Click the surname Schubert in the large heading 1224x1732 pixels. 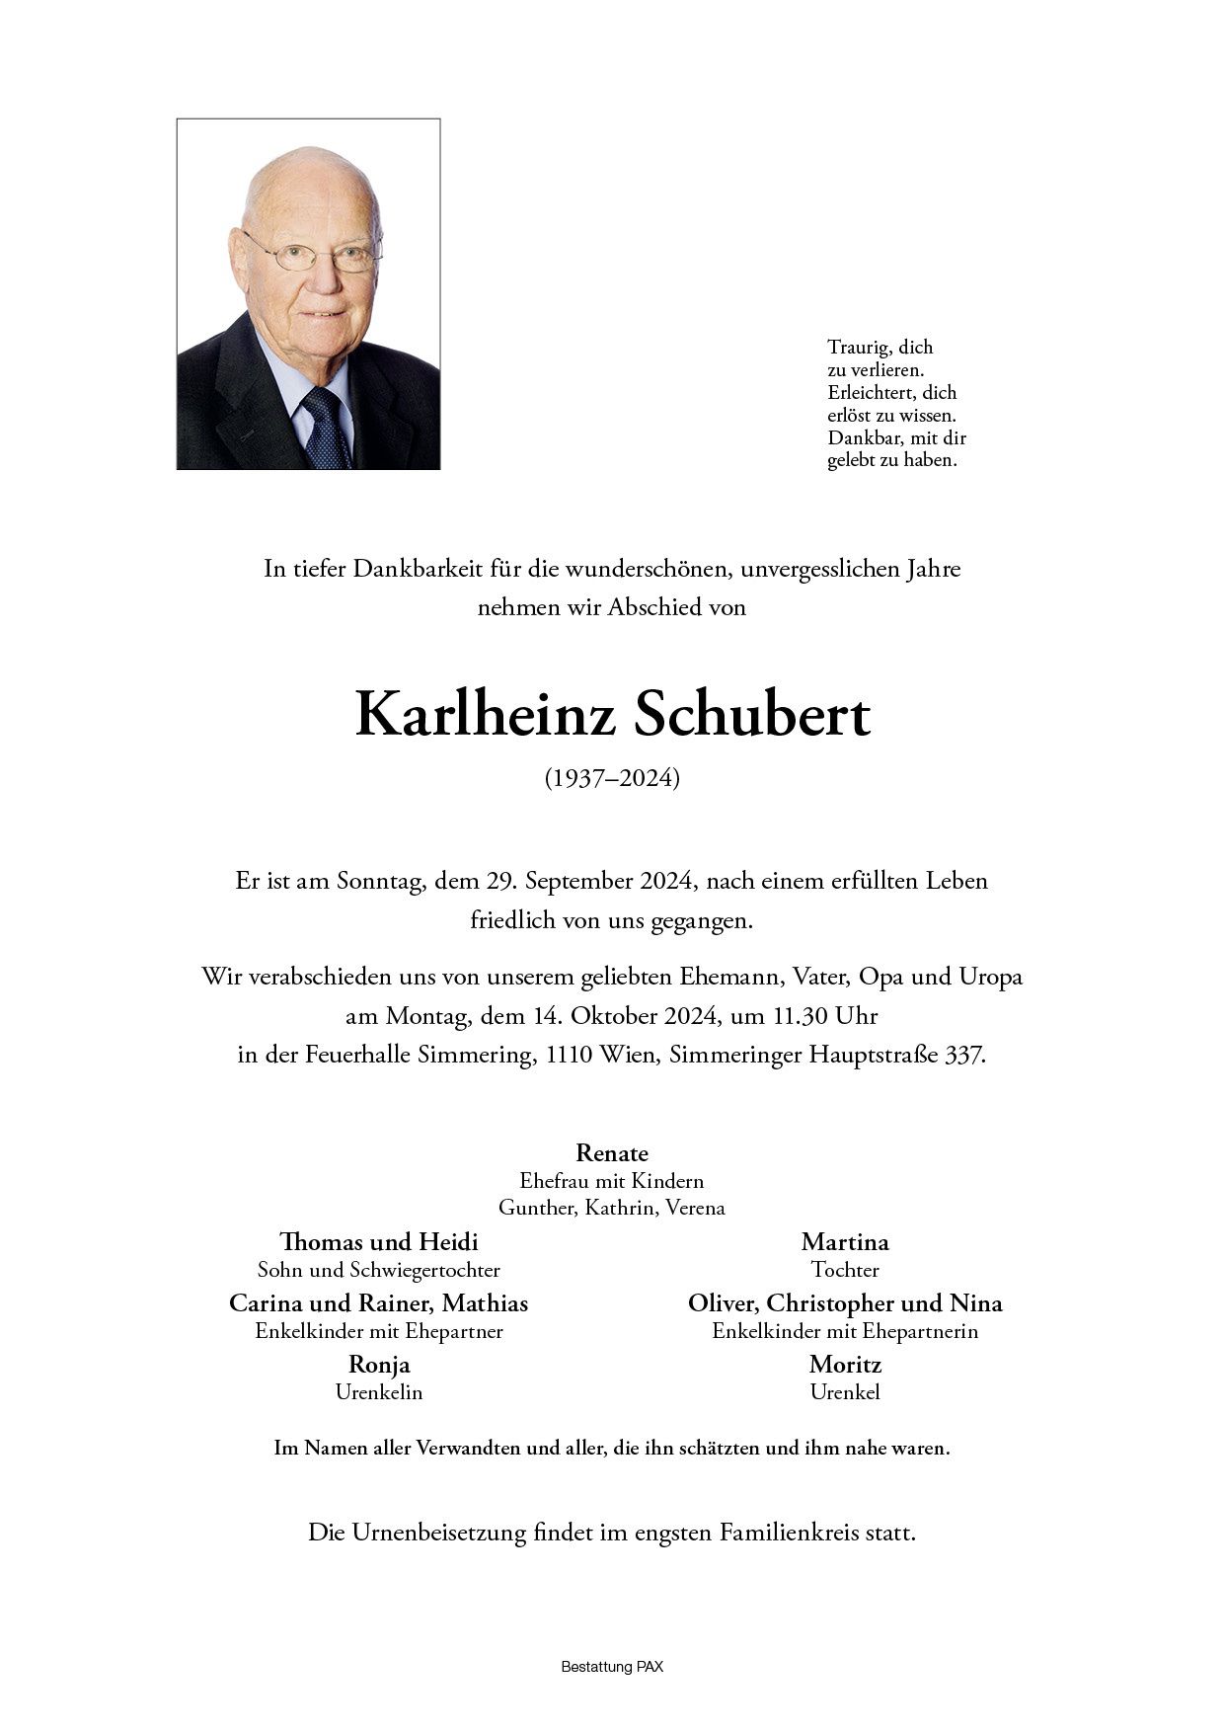pyautogui.click(x=751, y=715)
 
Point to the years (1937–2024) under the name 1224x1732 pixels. pyautogui.click(x=612, y=778)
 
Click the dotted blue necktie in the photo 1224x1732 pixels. pyautogui.click(x=326, y=429)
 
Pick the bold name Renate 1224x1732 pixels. pyautogui.click(x=612, y=1152)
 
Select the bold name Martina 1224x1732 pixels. pyautogui.click(x=845, y=1241)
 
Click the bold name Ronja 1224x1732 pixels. pyautogui.click(x=379, y=1365)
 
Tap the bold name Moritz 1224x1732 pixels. pyautogui.click(x=845, y=1365)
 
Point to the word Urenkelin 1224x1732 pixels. pyautogui.click(x=379, y=1392)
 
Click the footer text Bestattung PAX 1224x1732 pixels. pyautogui.click(x=612, y=1667)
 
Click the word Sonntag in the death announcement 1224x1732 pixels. pyautogui.click(x=379, y=881)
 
